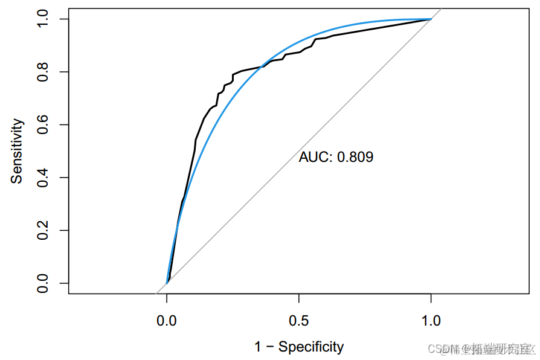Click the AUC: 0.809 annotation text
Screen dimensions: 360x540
[336, 158]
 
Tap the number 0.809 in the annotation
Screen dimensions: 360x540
[355, 158]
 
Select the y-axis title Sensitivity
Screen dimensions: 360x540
[18, 151]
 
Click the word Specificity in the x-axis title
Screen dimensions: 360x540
[311, 347]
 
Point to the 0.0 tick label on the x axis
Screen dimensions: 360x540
[167, 320]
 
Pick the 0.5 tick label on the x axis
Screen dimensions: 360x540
[298, 320]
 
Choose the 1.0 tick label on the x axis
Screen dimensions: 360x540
[431, 320]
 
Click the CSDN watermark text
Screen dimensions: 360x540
[436, 349]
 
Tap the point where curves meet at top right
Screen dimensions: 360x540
[431, 19]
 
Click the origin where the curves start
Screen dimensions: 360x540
[167, 283]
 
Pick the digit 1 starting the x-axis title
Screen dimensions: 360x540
[259, 347]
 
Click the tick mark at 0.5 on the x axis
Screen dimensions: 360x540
[298, 297]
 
